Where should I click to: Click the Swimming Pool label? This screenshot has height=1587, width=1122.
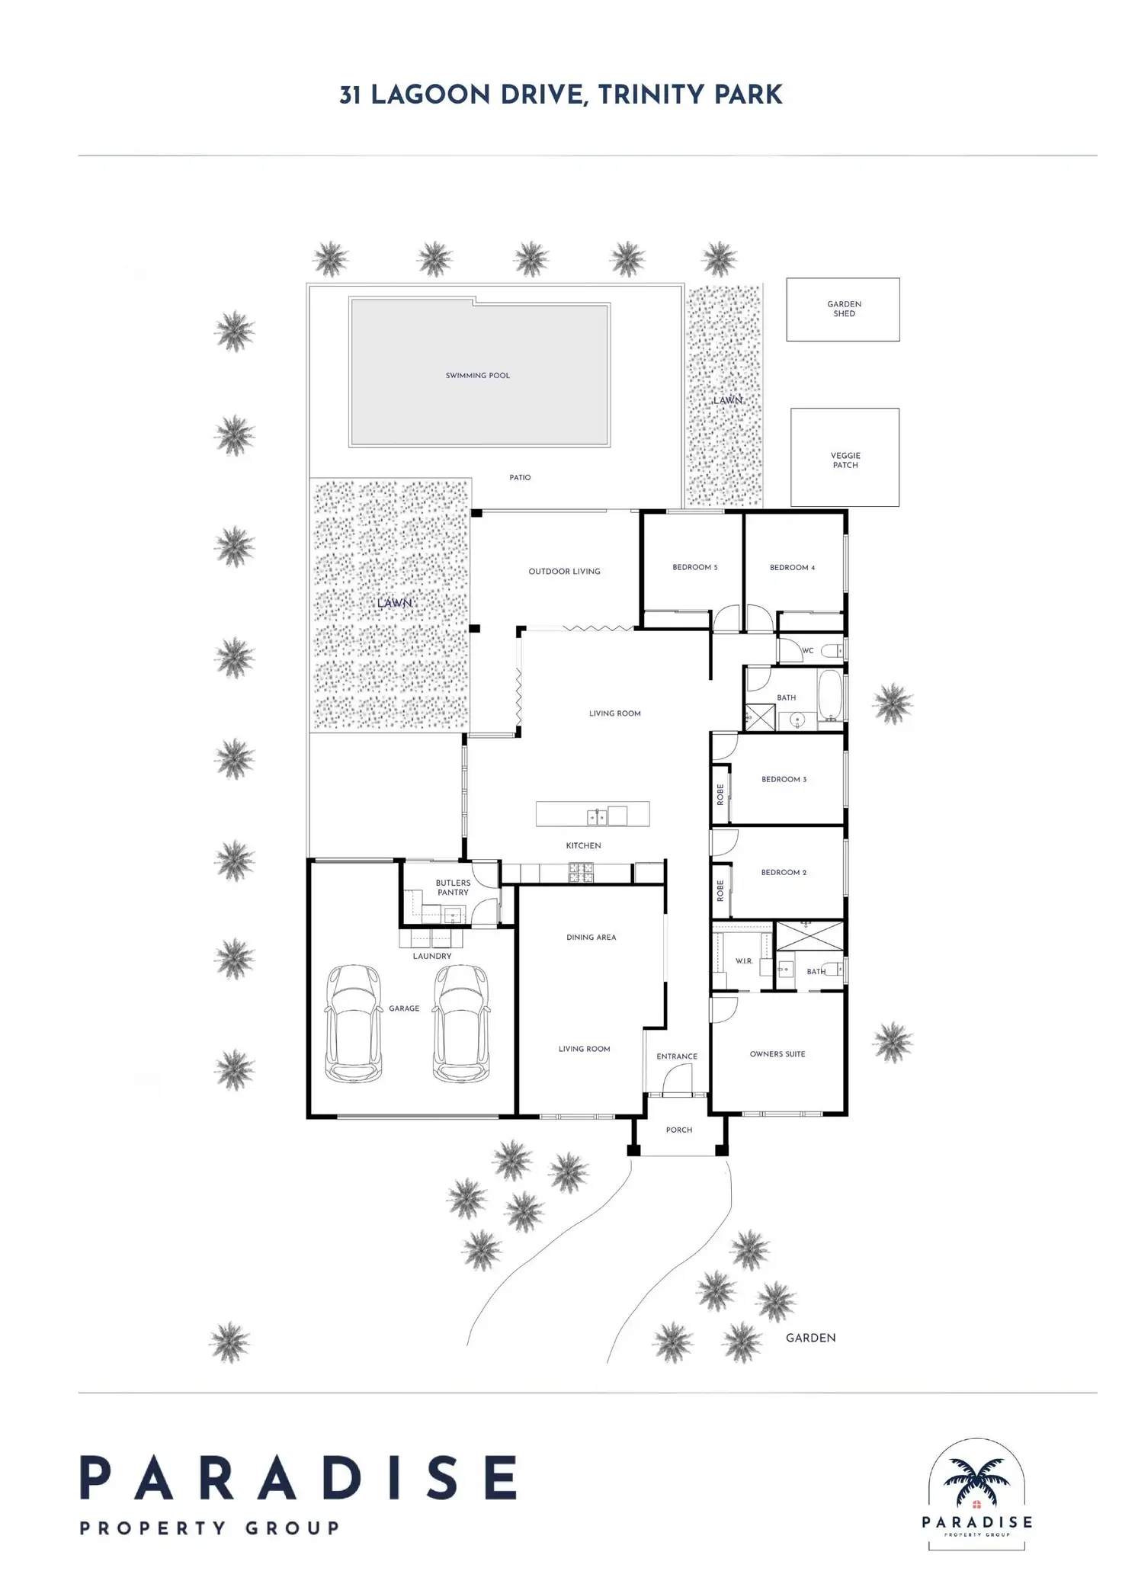coord(478,376)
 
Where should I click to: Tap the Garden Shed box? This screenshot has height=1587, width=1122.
coord(843,309)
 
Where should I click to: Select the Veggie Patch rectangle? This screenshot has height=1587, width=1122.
coord(845,458)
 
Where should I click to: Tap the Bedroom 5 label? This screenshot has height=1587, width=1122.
coord(694,568)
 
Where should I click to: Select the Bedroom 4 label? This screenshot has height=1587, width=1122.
coord(792,568)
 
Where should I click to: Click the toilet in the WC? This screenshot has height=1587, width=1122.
coord(837,650)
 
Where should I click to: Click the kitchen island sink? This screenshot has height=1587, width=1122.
coord(597,817)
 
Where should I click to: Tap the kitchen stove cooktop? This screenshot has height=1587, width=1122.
coord(582,872)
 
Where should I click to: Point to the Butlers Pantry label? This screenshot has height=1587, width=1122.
coord(453,888)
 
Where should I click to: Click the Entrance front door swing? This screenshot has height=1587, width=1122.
coord(677,1080)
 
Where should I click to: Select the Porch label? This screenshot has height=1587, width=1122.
coord(678,1130)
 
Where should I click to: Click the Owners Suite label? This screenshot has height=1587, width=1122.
coord(777,1054)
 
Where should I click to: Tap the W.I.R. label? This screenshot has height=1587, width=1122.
coord(744,961)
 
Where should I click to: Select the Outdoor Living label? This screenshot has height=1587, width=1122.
coord(564,572)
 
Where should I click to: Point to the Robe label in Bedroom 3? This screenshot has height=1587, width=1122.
coord(720,795)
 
